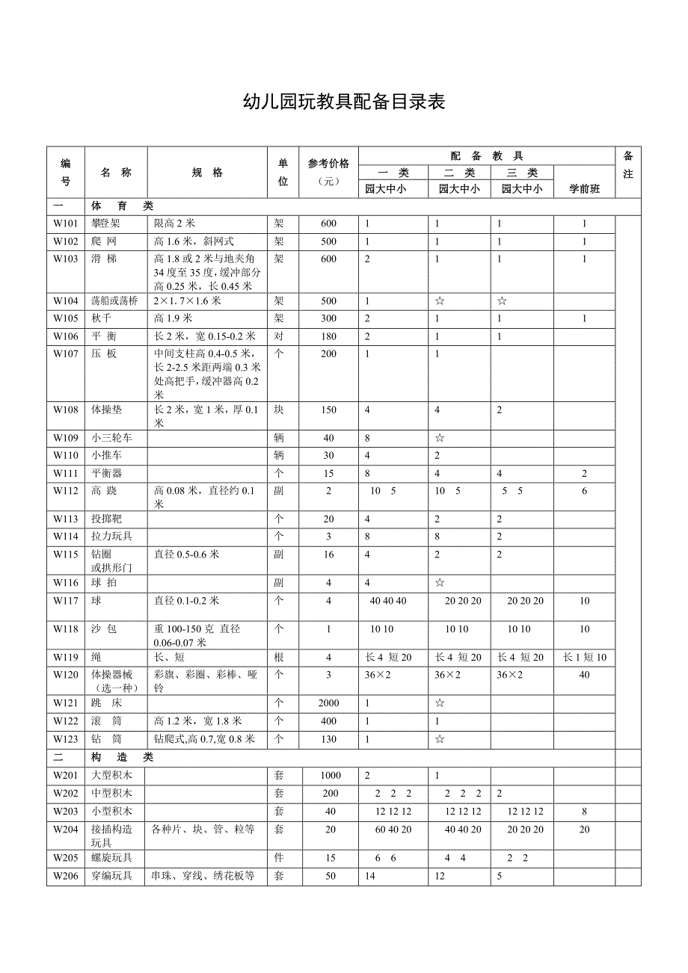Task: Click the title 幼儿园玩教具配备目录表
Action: click(x=344, y=102)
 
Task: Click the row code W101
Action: click(x=65, y=223)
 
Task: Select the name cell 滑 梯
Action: click(x=104, y=259)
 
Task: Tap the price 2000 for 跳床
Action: click(x=328, y=703)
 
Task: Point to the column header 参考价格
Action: click(x=328, y=164)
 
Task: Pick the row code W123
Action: click(x=65, y=739)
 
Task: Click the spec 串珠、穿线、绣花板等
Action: click(x=203, y=875)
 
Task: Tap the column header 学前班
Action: click(x=584, y=189)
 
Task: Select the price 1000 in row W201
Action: click(x=329, y=776)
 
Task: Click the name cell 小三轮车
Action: click(x=111, y=438)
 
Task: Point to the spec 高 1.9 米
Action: click(x=173, y=318)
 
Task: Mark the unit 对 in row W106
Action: click(x=279, y=336)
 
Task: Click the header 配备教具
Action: click(x=486, y=156)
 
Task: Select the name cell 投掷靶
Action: click(x=107, y=519)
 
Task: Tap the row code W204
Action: click(x=65, y=829)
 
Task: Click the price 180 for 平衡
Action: click(x=328, y=336)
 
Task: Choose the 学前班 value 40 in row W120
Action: click(x=584, y=675)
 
